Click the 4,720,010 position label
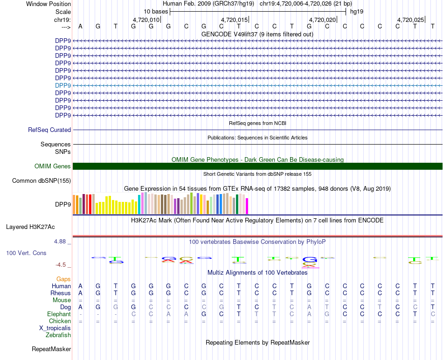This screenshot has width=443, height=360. pos(146,20)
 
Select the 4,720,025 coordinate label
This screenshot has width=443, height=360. pos(410,20)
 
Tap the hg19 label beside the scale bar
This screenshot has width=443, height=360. pos(357,11)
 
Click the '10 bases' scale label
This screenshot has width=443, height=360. pos(155,11)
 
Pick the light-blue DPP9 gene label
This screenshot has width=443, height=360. pos(63,85)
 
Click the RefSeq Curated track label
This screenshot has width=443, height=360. pos(49,130)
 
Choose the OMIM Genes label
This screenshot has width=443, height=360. pos(53,166)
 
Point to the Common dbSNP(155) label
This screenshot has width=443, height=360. pos(42,181)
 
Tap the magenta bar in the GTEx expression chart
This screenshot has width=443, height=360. pos(247,206)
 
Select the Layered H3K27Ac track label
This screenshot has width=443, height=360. pos(30,227)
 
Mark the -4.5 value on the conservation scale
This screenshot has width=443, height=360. pos(61,265)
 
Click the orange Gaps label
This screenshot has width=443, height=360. pos(63,279)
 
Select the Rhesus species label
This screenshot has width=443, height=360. pos(61,293)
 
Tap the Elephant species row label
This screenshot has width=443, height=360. pos(59,314)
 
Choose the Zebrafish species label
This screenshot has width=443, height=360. pos(58,335)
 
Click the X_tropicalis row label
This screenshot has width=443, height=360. pos(55,328)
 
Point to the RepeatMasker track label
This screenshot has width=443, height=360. pos(51,349)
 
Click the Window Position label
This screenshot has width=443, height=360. pos(48,4)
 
